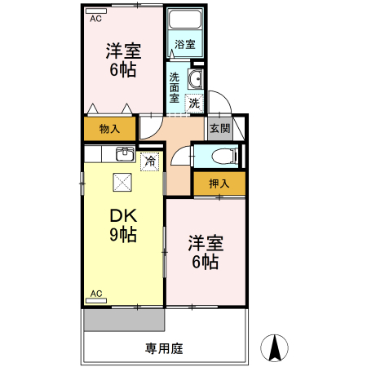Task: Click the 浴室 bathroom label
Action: point(184,45)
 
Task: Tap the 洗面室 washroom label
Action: point(175,87)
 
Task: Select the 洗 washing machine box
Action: point(194,103)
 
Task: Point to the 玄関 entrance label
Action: point(218,128)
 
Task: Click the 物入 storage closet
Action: point(109,129)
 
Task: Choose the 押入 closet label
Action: point(219,183)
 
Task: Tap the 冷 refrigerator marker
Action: point(150,161)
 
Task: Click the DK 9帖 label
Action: point(123,225)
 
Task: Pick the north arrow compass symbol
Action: point(276,347)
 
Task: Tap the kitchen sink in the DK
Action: point(125,153)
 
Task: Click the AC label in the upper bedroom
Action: point(96,17)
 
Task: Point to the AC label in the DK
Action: point(96,293)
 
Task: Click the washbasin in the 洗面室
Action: point(196,79)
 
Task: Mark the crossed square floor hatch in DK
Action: point(122,182)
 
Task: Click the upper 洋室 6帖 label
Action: point(123,60)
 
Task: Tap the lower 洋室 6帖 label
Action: point(205,252)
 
